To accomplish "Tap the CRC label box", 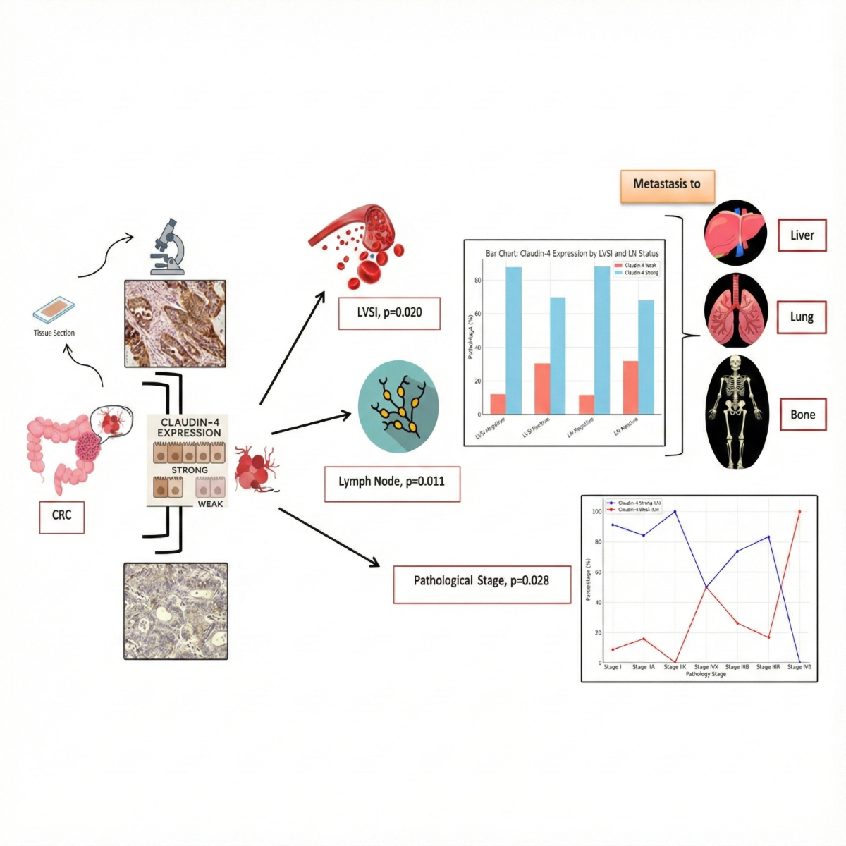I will coord(61,515).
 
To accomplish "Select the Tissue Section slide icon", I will coord(54,309).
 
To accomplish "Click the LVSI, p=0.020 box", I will coord(389,312).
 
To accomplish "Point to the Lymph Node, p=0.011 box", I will coord(392,483).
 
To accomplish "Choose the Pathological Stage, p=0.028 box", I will coord(482,581).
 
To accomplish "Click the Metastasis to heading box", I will coord(667,184).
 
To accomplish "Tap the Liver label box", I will coord(802,235).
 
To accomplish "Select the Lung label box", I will coord(802,317).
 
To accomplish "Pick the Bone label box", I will coord(802,415).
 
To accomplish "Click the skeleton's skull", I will coord(736,364).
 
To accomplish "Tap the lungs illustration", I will coord(735,312).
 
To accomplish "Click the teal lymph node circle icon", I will coord(398,406).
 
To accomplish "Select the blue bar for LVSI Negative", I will coord(514,341).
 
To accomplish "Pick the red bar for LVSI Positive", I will coord(542,388).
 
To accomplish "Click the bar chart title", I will coord(572,253).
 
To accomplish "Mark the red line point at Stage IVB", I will coord(799,512).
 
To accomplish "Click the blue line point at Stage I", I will coord(612,525).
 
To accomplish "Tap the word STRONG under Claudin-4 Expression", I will coord(190,470).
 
